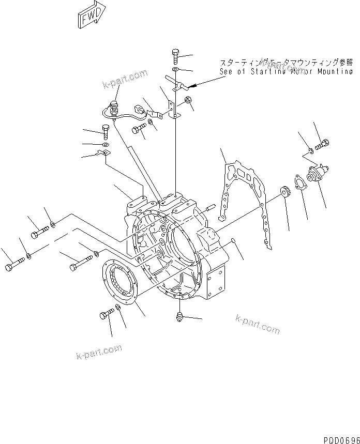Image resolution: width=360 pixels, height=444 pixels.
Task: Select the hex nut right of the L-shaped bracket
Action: [x=188, y=99]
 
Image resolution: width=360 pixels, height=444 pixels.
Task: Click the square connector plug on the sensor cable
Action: [x=139, y=109]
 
